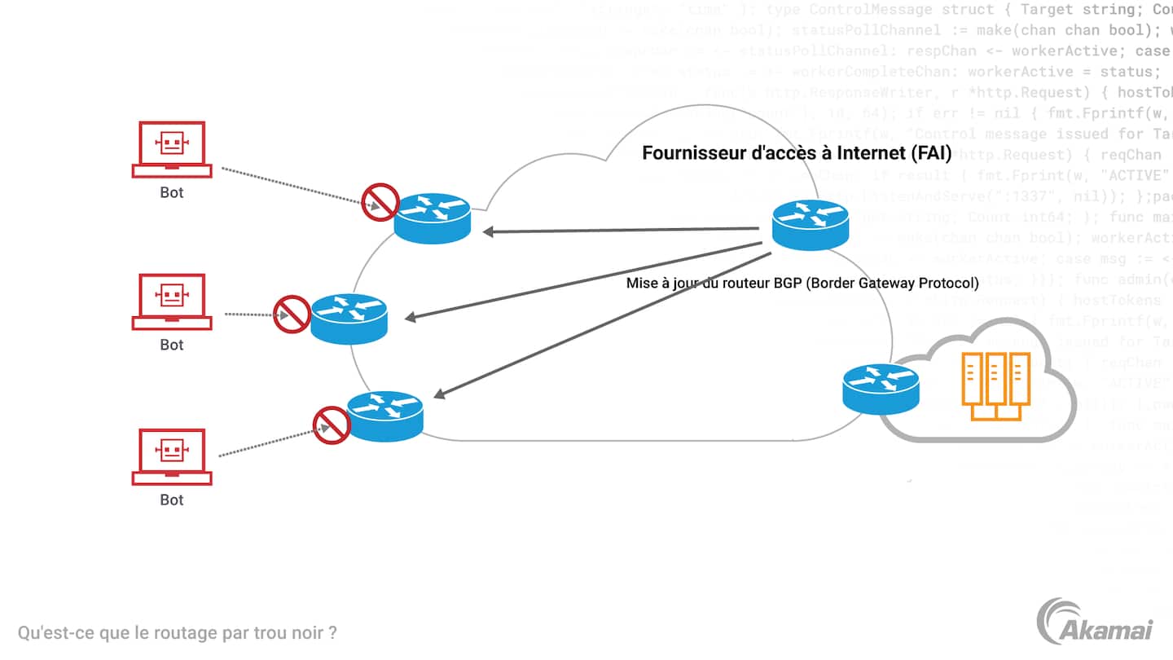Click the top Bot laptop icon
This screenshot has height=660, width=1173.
coord(172,149)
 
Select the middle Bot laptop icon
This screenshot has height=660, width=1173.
coord(172,301)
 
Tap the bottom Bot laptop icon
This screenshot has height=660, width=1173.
coord(172,456)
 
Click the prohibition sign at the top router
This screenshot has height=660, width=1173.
coord(380,202)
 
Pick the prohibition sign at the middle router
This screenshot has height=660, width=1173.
coord(292,314)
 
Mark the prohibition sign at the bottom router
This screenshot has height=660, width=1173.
coord(332,425)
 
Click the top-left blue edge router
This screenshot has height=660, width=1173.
coord(432,218)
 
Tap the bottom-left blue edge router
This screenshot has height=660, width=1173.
coord(385,416)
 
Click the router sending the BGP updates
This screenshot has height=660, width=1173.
coord(811,224)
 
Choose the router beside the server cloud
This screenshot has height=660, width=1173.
coord(881,388)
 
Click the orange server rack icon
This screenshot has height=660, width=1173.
coord(995,386)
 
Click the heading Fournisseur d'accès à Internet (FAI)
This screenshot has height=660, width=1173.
coord(797,153)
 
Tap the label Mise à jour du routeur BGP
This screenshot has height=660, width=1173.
coord(802,284)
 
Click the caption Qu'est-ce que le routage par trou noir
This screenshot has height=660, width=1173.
coord(178,632)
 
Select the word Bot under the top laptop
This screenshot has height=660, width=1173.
coord(172,193)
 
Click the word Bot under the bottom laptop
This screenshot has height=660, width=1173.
coord(172,499)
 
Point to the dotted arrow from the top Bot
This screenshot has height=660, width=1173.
coord(293,187)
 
